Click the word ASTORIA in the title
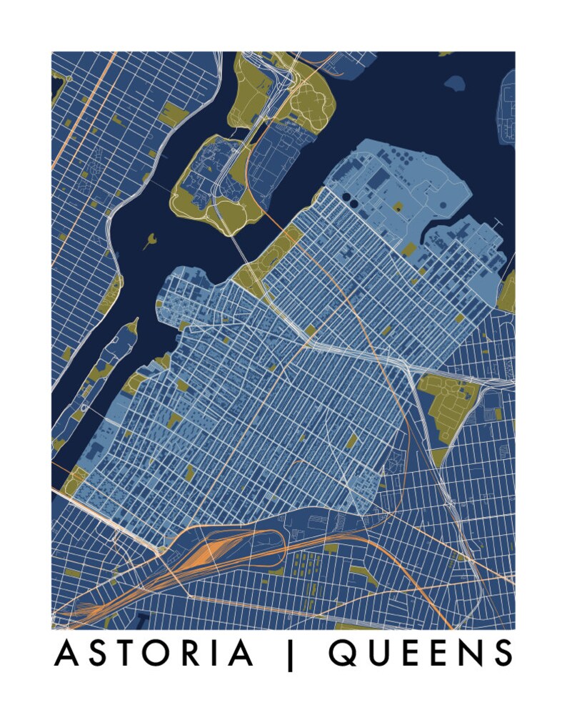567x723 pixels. point(154,653)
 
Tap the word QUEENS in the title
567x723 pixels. point(421,653)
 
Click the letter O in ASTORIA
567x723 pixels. point(155,653)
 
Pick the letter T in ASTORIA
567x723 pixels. point(123,653)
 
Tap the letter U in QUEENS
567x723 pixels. point(378,653)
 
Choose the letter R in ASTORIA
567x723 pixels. point(188,653)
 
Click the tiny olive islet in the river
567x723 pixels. point(150,240)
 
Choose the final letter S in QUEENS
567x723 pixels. point(503,653)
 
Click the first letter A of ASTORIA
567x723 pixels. point(66,653)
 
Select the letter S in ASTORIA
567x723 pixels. point(95,653)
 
